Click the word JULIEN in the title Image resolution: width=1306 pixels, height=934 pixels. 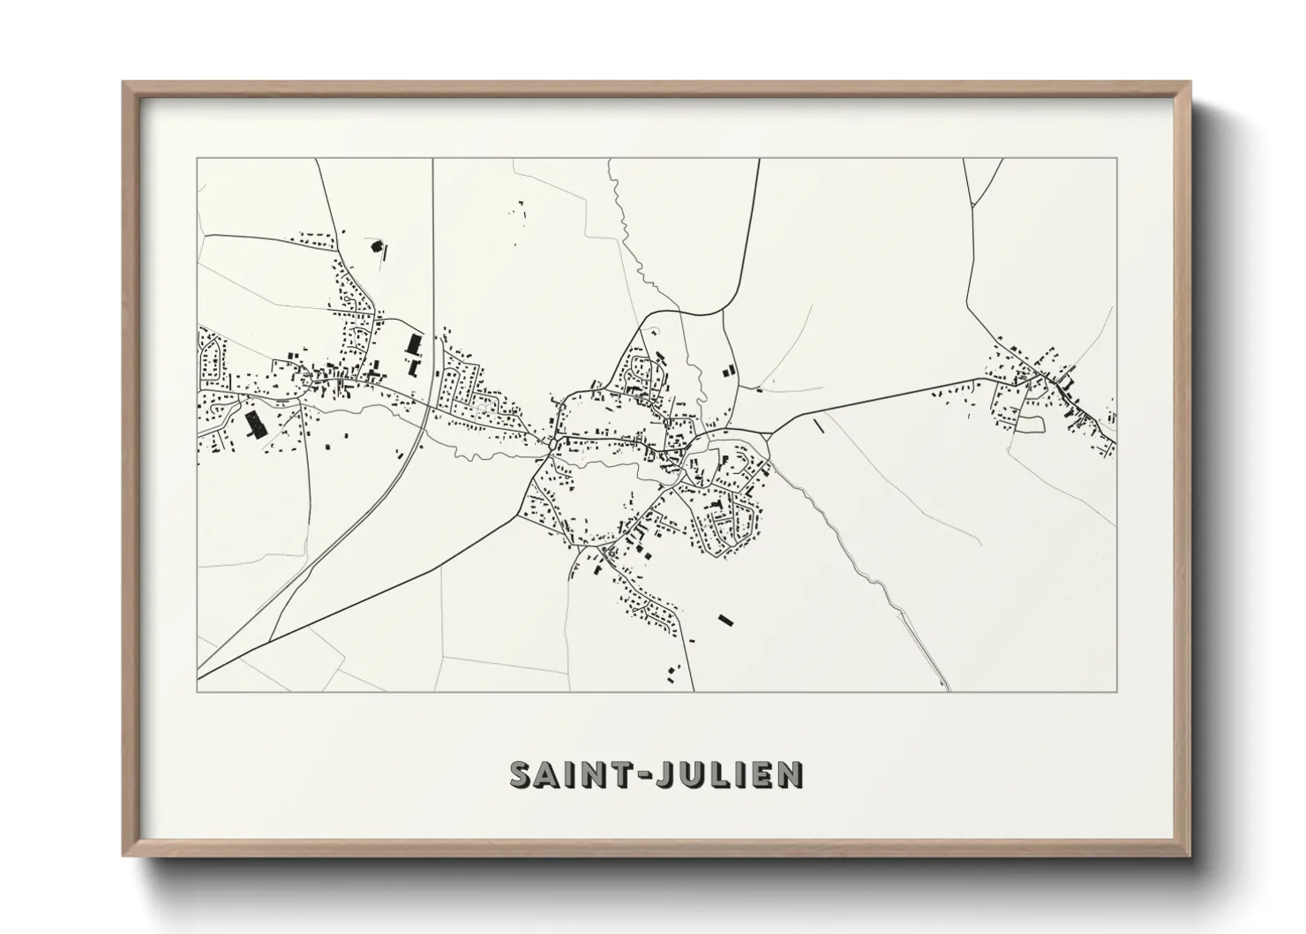click(728, 774)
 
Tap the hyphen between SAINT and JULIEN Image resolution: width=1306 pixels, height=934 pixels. click(634, 775)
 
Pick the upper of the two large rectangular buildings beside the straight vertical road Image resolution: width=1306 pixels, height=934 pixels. click(410, 343)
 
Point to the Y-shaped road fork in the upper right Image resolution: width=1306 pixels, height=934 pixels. click(973, 205)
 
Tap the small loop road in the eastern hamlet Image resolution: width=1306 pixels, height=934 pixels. click(1030, 424)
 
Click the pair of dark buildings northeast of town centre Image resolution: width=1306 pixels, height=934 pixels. click(728, 373)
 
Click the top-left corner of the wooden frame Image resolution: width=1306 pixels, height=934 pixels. click(124, 83)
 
